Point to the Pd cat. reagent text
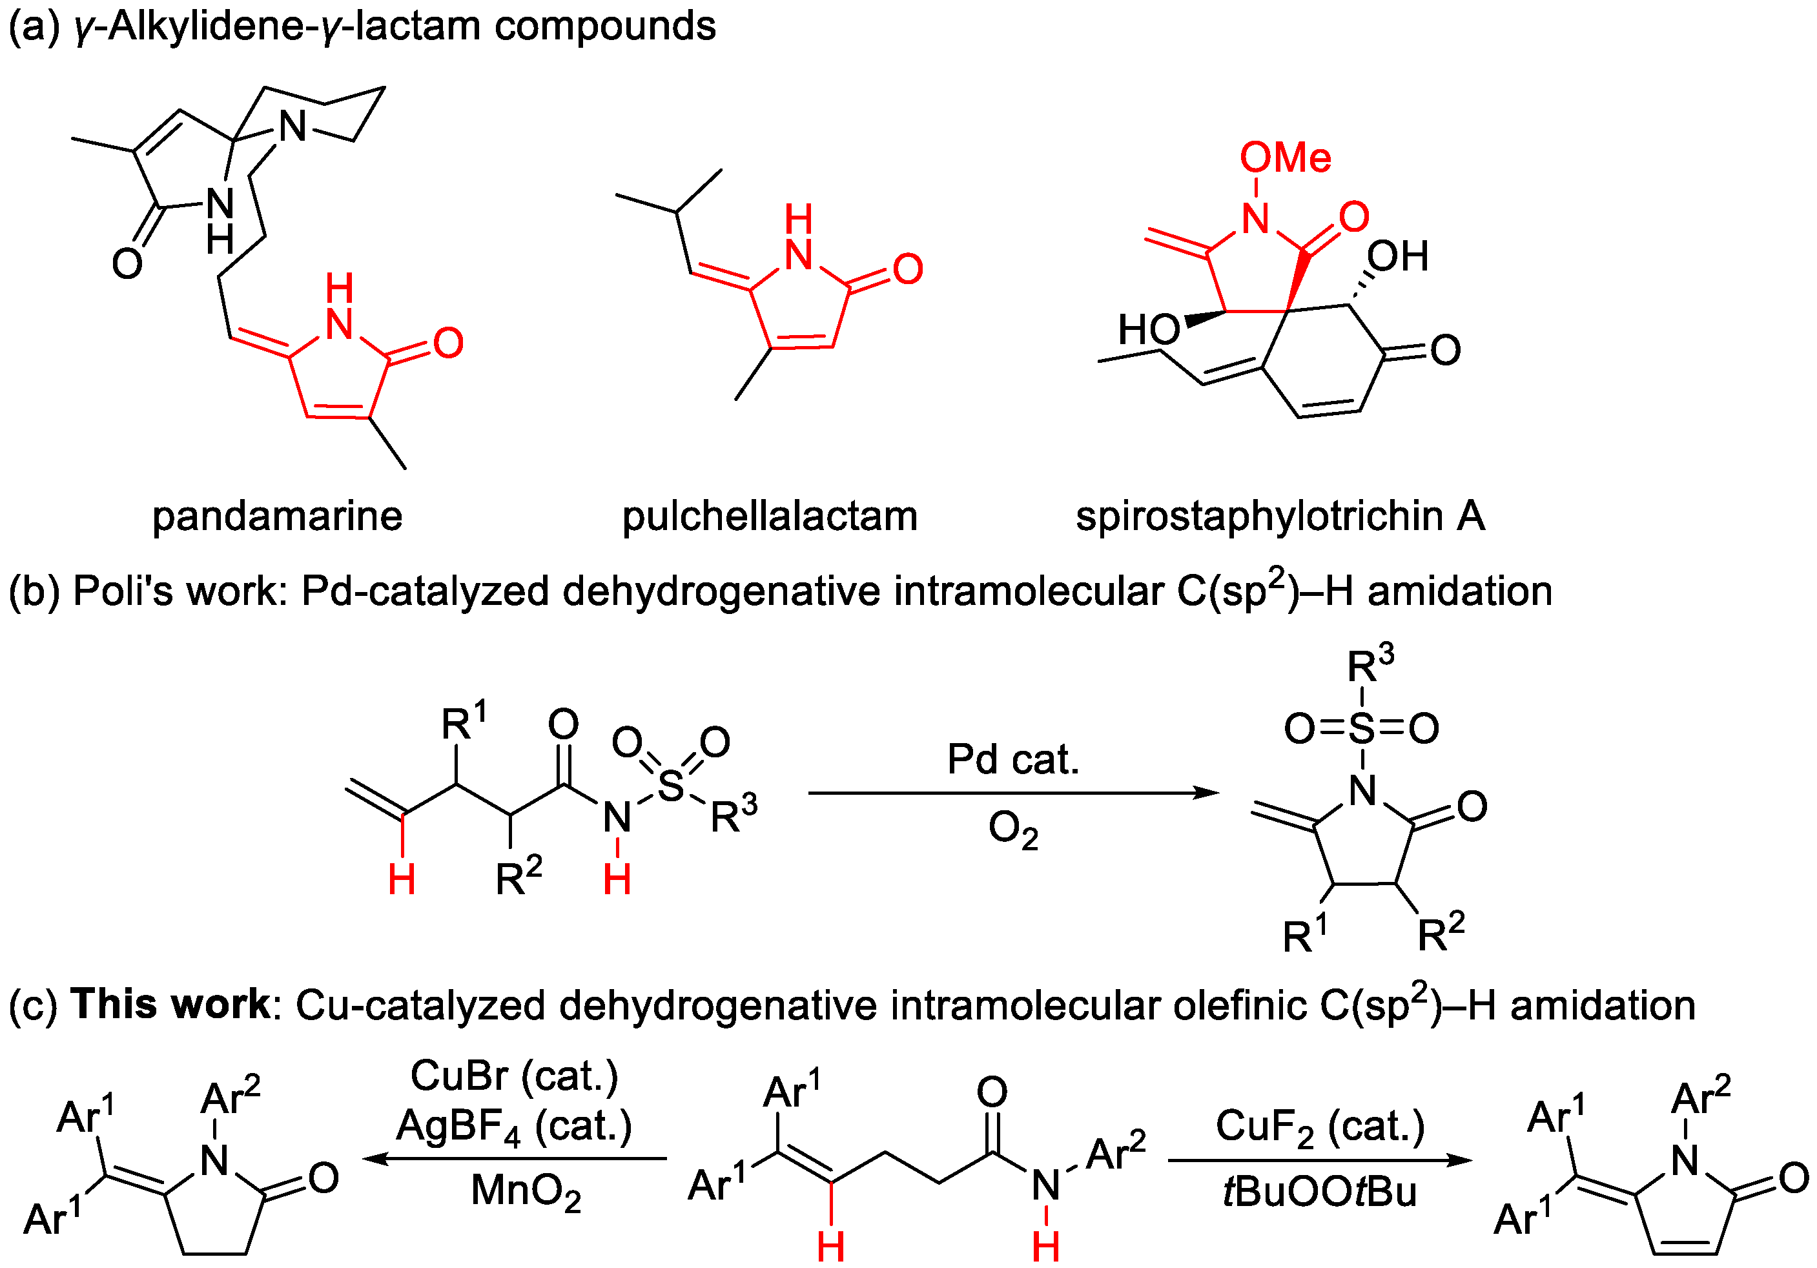tap(1013, 760)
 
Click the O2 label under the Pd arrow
tap(1012, 830)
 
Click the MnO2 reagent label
tap(526, 1191)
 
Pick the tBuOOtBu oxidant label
tap(1319, 1192)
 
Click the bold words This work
tap(170, 1005)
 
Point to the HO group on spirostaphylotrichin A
tap(1148, 329)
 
